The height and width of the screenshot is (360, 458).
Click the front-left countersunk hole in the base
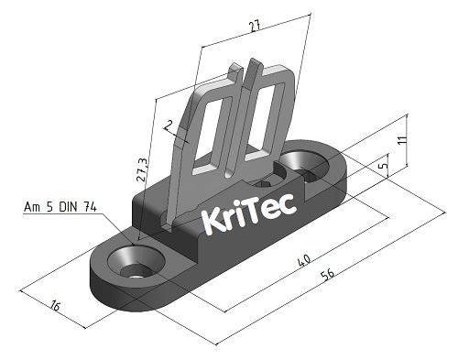click(135, 267)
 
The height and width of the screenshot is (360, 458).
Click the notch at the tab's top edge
click(253, 69)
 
